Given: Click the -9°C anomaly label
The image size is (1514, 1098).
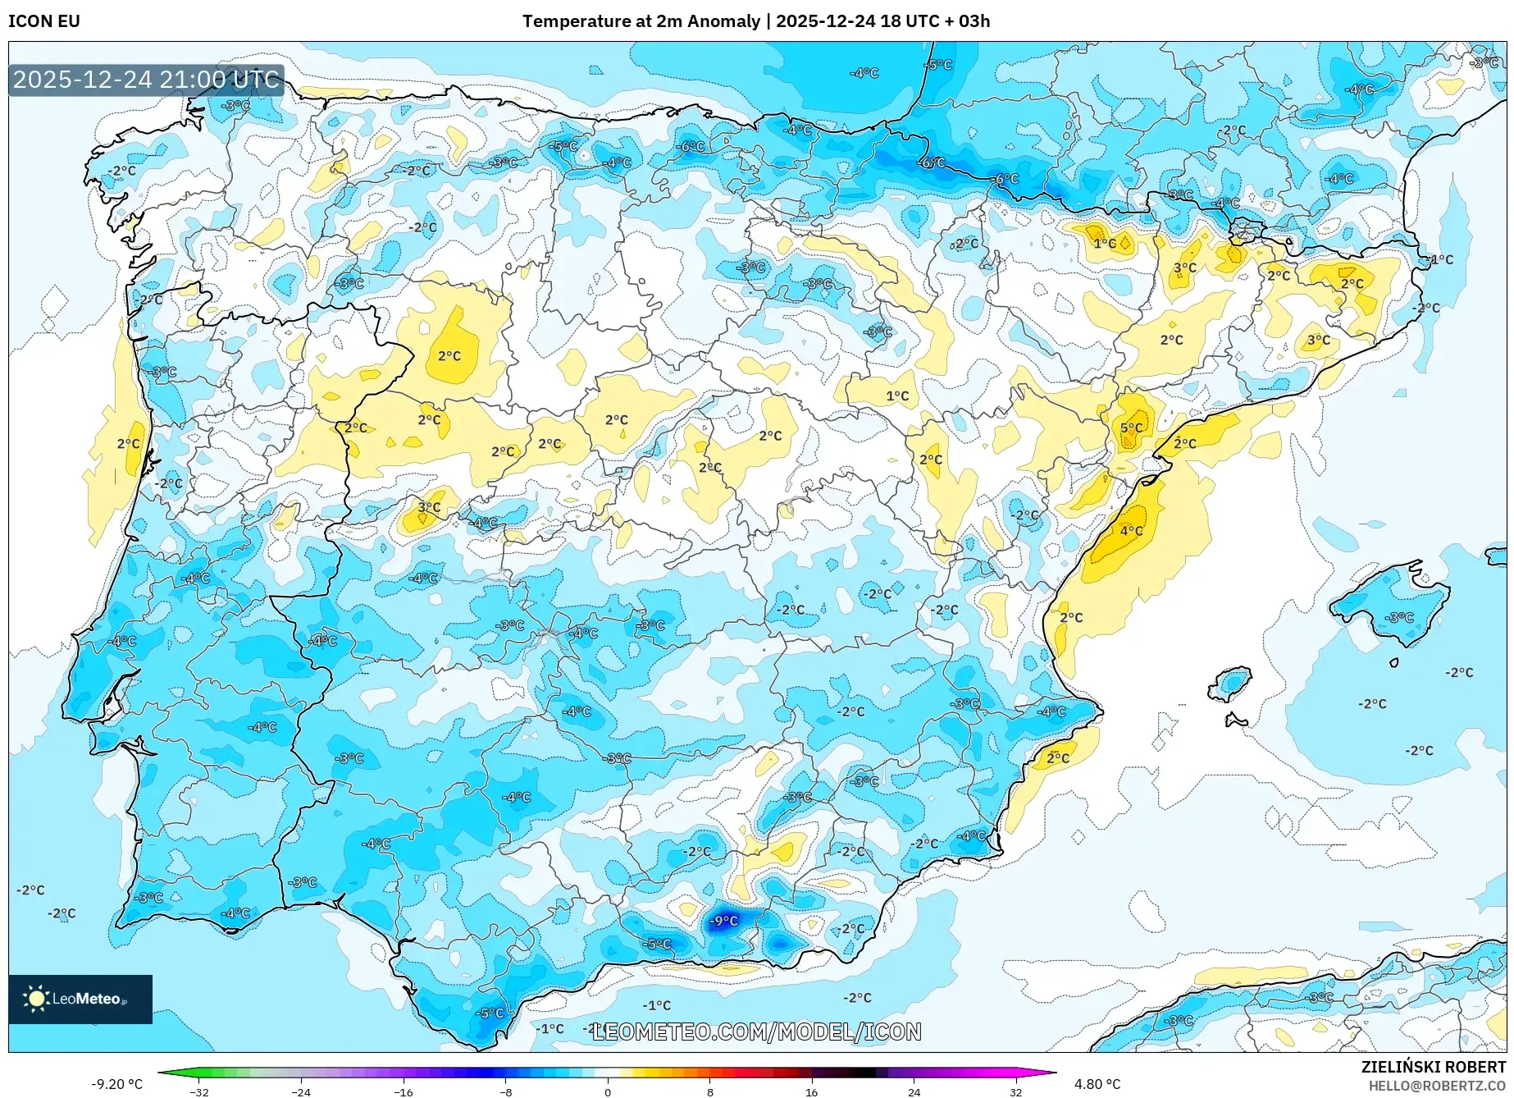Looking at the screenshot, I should pyautogui.click(x=723, y=921).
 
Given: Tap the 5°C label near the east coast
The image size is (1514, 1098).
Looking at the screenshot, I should pyautogui.click(x=1131, y=428).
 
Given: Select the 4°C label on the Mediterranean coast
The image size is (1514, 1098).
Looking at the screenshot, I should pyautogui.click(x=1131, y=531).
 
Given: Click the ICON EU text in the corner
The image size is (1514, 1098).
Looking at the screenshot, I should pyautogui.click(x=44, y=21).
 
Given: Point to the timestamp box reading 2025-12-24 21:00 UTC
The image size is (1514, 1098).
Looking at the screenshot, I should pyautogui.click(x=146, y=80).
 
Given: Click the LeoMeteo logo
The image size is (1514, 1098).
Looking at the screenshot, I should pyautogui.click(x=80, y=999).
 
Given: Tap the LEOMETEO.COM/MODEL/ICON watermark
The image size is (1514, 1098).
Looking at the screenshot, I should pyautogui.click(x=756, y=1032).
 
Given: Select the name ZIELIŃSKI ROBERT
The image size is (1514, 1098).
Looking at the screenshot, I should pyautogui.click(x=1433, y=1067).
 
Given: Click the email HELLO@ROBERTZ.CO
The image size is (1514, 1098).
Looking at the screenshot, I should pyautogui.click(x=1436, y=1086).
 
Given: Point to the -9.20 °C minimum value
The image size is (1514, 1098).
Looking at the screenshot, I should pyautogui.click(x=116, y=1084).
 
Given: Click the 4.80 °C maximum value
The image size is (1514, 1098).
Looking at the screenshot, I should pyautogui.click(x=1097, y=1084).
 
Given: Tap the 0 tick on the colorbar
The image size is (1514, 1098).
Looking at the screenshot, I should pyautogui.click(x=608, y=1091).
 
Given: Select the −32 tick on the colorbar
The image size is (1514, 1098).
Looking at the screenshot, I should pyautogui.click(x=199, y=1091).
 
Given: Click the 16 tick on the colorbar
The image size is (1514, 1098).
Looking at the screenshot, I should pyautogui.click(x=811, y=1091).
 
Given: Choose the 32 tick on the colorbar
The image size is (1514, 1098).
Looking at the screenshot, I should pyautogui.click(x=1015, y=1091).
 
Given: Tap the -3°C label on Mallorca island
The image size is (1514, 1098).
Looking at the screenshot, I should pyautogui.click(x=1398, y=617).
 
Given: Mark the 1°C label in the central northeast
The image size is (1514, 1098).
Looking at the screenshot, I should pyautogui.click(x=897, y=396).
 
